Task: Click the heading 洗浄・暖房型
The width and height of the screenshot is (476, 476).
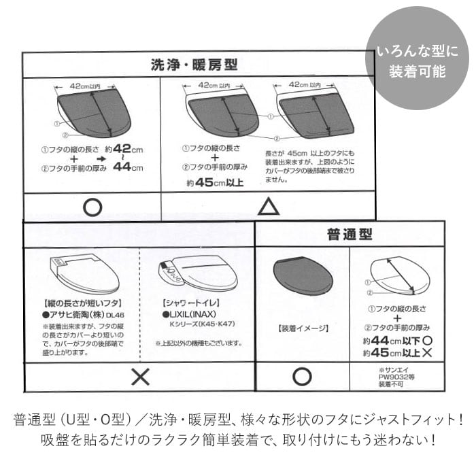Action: [194, 65]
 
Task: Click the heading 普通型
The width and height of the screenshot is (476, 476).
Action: [350, 235]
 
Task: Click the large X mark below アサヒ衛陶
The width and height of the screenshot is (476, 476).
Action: [139, 377]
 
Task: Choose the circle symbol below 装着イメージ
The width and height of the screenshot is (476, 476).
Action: [302, 377]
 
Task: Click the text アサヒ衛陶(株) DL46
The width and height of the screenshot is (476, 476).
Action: [83, 315]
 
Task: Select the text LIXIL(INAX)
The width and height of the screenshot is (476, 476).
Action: [191, 315]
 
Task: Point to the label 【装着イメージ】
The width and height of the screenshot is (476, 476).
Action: [303, 328]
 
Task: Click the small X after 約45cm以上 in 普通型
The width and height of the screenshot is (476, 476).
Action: [428, 354]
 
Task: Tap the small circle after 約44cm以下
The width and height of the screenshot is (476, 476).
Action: [427, 340]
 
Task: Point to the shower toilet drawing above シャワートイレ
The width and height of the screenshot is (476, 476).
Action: [198, 273]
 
